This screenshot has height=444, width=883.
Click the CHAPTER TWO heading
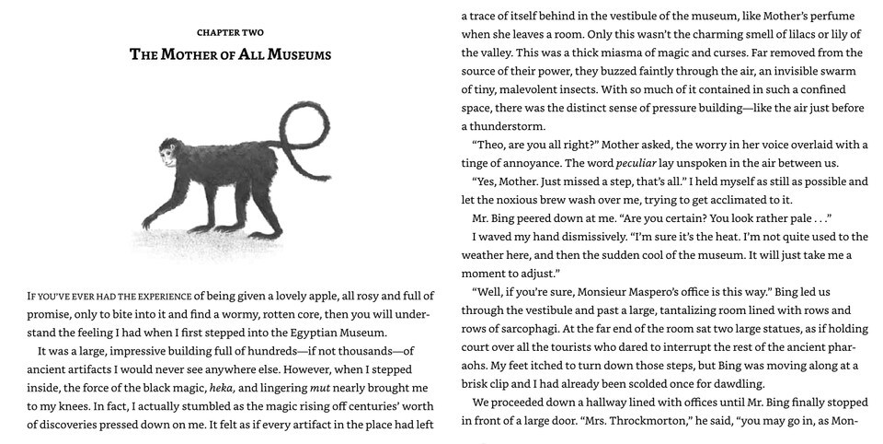click(230, 33)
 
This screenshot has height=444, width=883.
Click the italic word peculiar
click(610, 163)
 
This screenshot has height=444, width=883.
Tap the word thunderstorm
click(503, 126)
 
